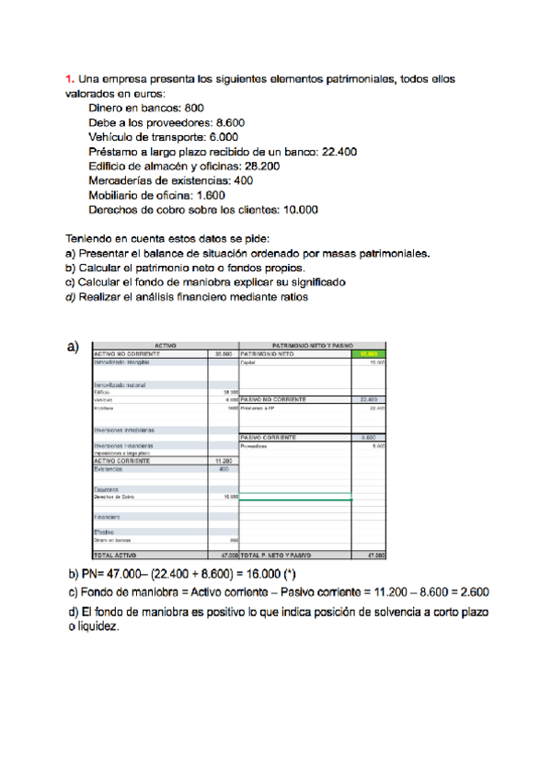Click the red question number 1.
pyautogui.click(x=69, y=79)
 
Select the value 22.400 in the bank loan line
pyautogui.click(x=339, y=152)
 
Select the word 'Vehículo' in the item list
pyautogui.click(x=109, y=137)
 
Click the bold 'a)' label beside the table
pyautogui.click(x=73, y=347)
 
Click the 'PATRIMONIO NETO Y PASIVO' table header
pyautogui.click(x=312, y=343)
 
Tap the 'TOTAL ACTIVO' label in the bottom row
pyautogui.click(x=115, y=556)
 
